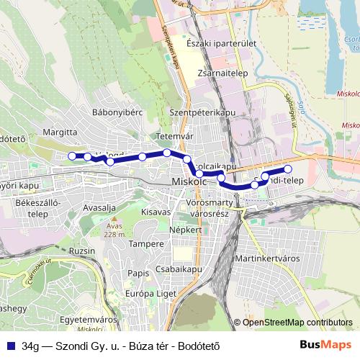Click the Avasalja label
point(99,208)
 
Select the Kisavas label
point(156,212)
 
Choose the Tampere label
point(147,244)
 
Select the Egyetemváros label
point(89,319)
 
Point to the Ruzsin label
point(83,251)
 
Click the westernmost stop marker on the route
point(71,156)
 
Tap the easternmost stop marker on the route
point(288,169)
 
